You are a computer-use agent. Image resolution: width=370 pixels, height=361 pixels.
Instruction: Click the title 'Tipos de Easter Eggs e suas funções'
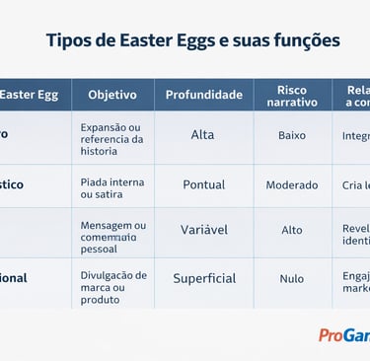(192, 40)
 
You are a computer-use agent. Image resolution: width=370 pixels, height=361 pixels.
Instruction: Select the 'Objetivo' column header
(112, 95)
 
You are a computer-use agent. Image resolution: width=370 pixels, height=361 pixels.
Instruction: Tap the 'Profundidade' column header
(203, 95)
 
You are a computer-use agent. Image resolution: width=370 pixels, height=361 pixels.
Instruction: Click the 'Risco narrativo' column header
(292, 95)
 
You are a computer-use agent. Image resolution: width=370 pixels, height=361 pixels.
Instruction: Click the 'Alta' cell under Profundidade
(202, 135)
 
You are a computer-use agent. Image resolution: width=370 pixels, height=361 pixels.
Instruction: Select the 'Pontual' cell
(203, 184)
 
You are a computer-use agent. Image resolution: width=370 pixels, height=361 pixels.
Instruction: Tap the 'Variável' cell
(203, 229)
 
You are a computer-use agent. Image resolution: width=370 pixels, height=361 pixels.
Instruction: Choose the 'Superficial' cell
(204, 278)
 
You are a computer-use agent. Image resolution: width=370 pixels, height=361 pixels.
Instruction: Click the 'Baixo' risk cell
(292, 135)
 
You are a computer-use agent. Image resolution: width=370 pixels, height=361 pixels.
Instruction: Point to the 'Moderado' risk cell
(292, 184)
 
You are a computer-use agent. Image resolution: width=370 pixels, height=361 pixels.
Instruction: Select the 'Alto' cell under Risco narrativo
(292, 230)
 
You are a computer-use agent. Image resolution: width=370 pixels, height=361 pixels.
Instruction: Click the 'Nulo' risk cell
(292, 279)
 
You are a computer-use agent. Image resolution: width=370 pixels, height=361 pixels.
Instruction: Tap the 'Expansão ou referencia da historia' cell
(111, 139)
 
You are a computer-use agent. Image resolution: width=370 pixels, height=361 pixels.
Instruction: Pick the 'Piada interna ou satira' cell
(111, 188)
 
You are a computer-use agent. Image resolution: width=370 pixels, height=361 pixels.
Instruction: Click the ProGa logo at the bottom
(342, 335)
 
